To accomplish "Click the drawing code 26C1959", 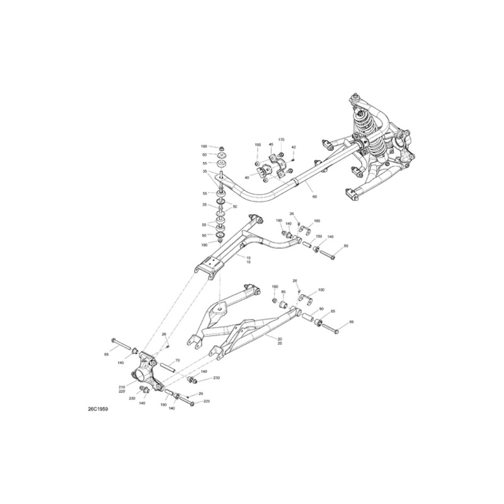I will click(98, 409).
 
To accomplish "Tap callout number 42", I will click(294, 147).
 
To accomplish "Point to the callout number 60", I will click(314, 197).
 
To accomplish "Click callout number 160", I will click(317, 221).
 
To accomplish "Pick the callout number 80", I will click(345, 246).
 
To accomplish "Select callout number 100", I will click(321, 290).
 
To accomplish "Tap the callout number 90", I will click(321, 309).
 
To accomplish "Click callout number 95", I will click(352, 322).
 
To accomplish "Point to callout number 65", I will click(106, 355).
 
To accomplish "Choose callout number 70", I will click(177, 361).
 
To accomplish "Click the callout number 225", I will click(207, 401).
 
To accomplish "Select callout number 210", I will click(122, 386).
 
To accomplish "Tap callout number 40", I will click(246, 178).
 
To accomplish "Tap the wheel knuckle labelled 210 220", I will click(146, 370).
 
